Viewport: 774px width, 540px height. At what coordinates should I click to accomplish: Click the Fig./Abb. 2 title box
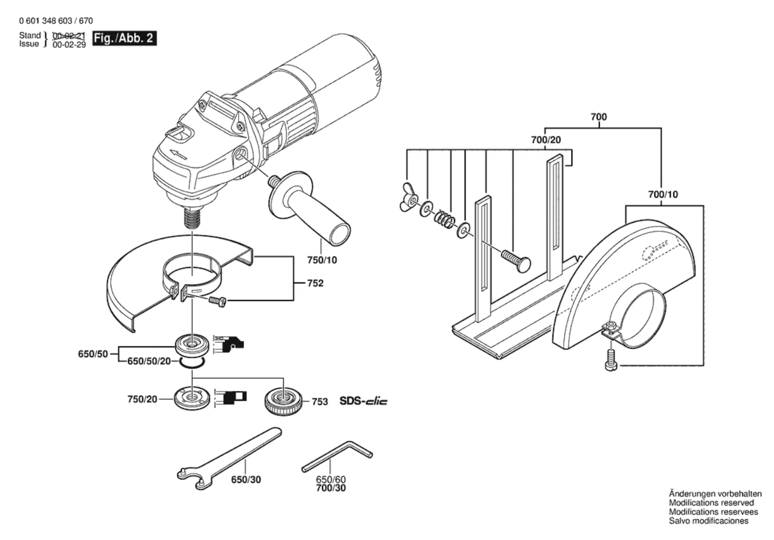[124, 38]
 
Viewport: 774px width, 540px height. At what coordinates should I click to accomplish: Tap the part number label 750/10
[322, 260]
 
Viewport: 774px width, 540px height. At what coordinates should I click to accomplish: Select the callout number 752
[315, 283]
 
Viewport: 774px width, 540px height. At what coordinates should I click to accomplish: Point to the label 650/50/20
[149, 361]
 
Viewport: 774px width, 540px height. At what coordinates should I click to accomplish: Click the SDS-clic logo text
[363, 401]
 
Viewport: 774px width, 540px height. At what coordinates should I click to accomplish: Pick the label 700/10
[663, 194]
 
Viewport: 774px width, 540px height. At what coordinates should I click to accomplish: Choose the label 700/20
[546, 140]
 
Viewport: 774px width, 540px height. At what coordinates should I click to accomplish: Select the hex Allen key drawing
[337, 456]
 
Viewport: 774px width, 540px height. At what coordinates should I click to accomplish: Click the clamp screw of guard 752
[217, 302]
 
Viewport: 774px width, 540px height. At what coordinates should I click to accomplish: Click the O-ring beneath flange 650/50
[192, 363]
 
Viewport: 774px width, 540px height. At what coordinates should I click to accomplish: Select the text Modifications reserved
[711, 503]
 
